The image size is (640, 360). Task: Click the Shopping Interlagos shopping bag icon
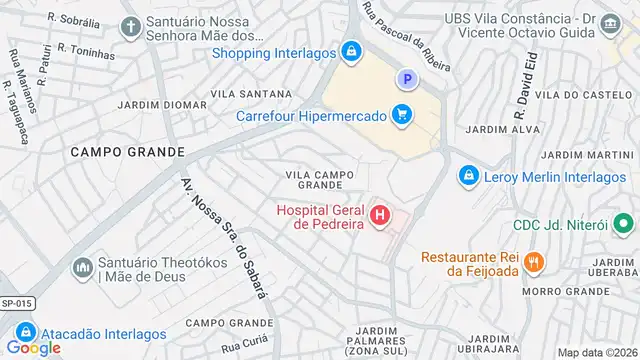point(350,52)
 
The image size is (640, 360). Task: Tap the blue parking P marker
point(406,78)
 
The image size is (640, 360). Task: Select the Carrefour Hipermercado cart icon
point(402,115)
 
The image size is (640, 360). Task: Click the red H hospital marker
point(380,215)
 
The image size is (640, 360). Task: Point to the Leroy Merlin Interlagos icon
point(467,177)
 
